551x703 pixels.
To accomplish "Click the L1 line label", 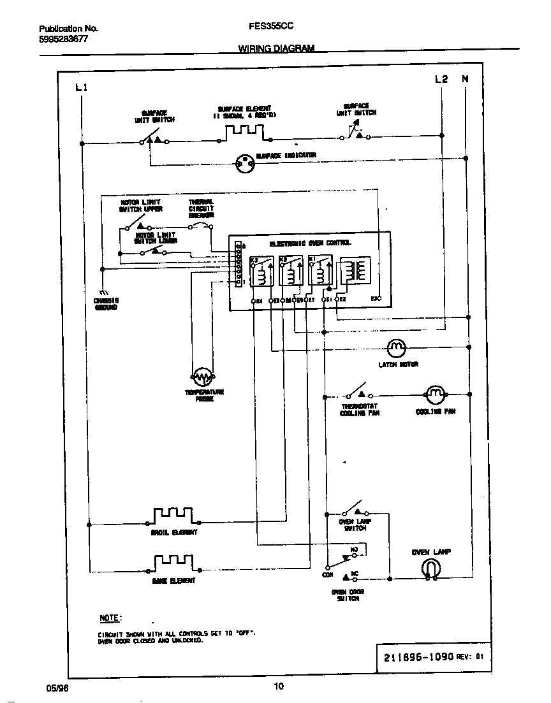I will (x=81, y=87).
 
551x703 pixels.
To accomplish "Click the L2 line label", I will (x=441, y=79).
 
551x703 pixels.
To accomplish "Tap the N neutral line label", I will (x=465, y=79).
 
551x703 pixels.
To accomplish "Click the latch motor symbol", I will (x=397, y=348).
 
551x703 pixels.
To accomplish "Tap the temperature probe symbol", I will (x=203, y=377).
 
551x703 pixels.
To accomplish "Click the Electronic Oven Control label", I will (x=310, y=243).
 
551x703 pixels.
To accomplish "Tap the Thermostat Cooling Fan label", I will (x=360, y=410).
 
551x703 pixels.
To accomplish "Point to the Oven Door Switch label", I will (x=348, y=595).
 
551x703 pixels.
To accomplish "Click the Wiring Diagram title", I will (x=276, y=48).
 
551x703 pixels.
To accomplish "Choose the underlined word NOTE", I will (x=110, y=618).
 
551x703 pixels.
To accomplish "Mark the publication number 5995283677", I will (x=63, y=39).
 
